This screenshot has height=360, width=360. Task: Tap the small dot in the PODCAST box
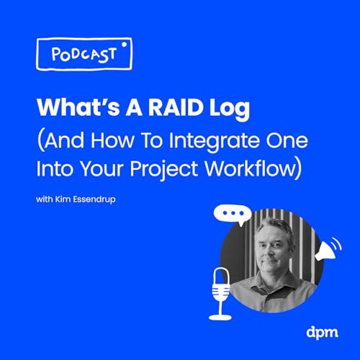[x=124, y=44]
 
